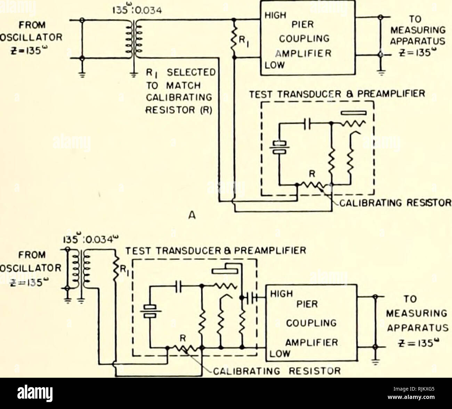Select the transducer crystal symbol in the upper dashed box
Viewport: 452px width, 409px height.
pyautogui.click(x=279, y=147)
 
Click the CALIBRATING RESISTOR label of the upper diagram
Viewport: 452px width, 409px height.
pyautogui.click(x=391, y=203)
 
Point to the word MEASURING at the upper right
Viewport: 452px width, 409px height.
pyautogui.click(x=414, y=29)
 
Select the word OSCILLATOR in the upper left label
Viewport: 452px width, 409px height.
pyautogui.click(x=31, y=39)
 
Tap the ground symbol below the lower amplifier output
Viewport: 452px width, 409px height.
pyautogui.click(x=376, y=363)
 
